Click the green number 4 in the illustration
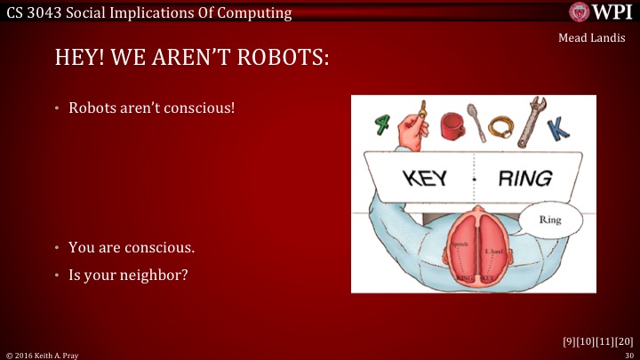pyautogui.click(x=382, y=124)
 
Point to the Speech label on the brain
pyautogui.click(x=460, y=243)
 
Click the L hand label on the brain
pyautogui.click(x=494, y=252)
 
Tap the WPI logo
pyautogui.click(x=603, y=12)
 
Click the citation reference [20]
pyautogui.click(x=624, y=340)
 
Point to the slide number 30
pyautogui.click(x=628, y=355)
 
